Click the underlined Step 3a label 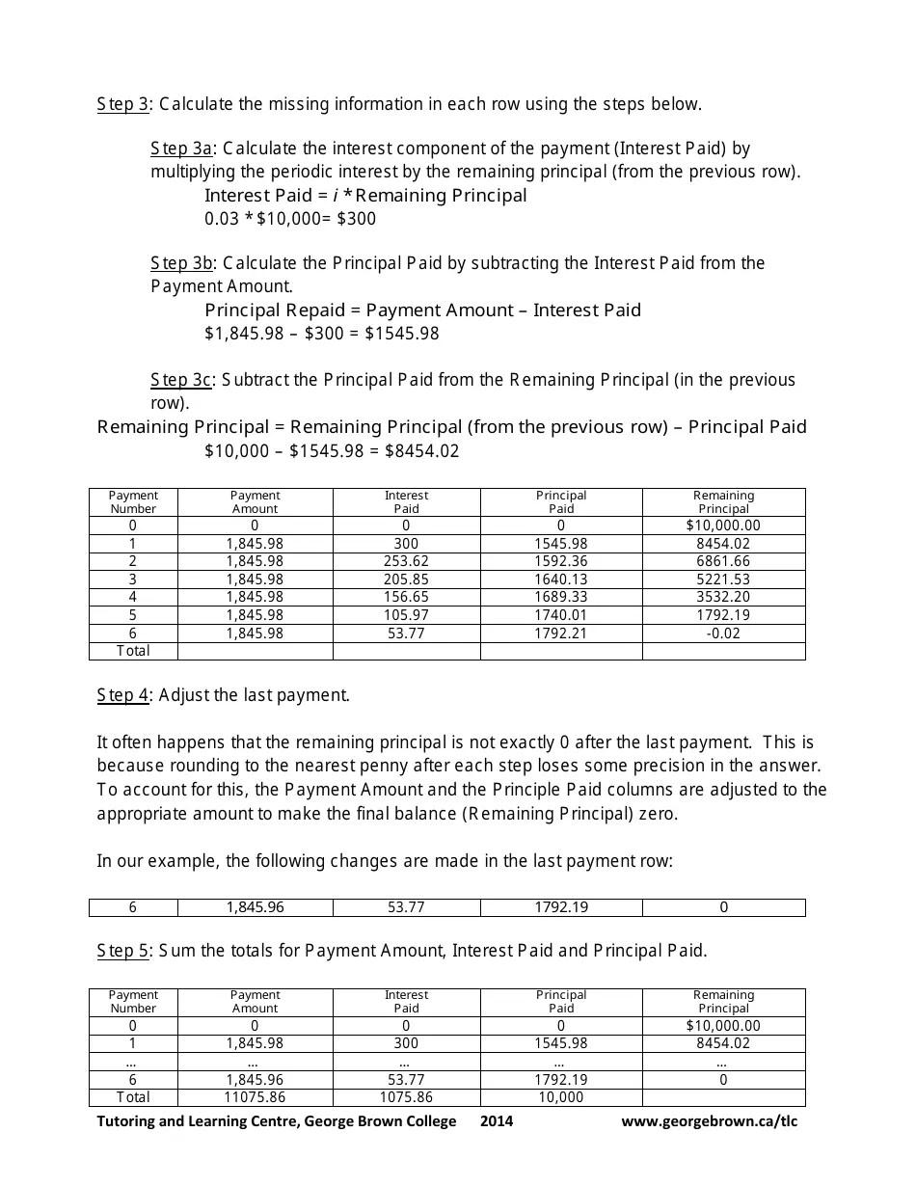point(180,148)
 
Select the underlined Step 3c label point(180,380)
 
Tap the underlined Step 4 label point(123,695)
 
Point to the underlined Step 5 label point(123,951)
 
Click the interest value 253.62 point(406,561)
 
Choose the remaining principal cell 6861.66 point(723,561)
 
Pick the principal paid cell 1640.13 point(560,580)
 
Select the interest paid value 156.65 point(406,597)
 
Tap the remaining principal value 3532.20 point(723,597)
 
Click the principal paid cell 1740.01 point(560,615)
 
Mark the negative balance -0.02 point(723,633)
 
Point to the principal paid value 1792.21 point(560,633)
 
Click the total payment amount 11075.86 point(255,1097)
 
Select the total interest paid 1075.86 point(406,1097)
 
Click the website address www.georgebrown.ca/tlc point(710,1121)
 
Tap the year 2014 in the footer point(497,1121)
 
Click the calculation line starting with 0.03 point(290,219)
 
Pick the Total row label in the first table point(133,651)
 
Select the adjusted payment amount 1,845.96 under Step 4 point(255,907)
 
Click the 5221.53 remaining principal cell point(723,580)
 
